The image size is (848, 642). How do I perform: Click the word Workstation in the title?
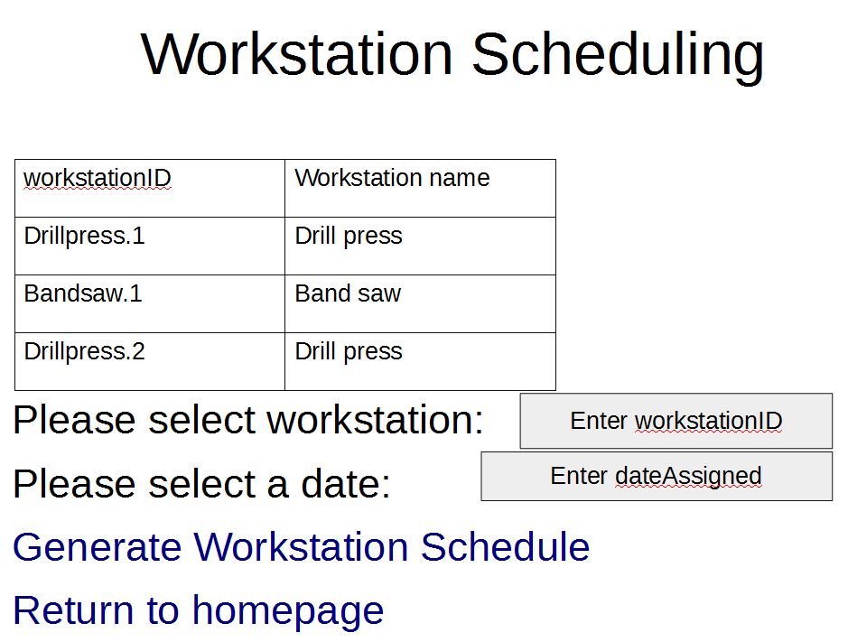[x=296, y=53]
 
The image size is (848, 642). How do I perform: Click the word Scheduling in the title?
[x=618, y=57]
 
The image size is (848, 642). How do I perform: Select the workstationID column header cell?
[x=150, y=188]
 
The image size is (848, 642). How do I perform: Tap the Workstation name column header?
[x=420, y=188]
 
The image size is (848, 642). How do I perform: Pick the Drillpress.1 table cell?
[x=150, y=247]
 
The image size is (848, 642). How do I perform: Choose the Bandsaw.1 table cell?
[x=150, y=304]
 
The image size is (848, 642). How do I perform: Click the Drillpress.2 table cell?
[x=150, y=361]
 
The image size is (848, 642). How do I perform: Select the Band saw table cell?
[x=420, y=304]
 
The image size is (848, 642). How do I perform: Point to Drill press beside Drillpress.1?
[x=420, y=247]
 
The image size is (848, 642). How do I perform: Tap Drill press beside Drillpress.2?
[x=420, y=361]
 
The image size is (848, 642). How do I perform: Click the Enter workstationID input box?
[x=676, y=421]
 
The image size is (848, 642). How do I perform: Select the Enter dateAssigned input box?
[x=657, y=477]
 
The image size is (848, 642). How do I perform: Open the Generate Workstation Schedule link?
[x=302, y=547]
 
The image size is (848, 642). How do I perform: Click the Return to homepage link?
[x=199, y=611]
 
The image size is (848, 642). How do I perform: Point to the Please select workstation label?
[x=248, y=420]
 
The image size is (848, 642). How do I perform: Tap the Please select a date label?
[x=201, y=483]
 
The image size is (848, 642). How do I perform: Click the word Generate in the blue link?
[x=98, y=547]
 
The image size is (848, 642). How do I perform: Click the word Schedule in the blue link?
[x=505, y=547]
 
